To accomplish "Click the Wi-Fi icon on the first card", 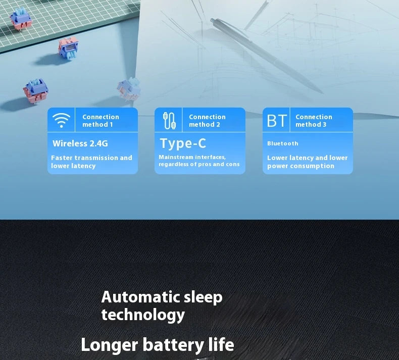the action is tap(61, 120).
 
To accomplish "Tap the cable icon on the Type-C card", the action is tap(169, 121).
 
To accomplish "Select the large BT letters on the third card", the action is tap(277, 121).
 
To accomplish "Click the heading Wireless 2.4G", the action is tap(80, 143).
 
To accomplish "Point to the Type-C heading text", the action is tap(183, 143).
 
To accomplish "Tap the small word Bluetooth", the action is tap(282, 143).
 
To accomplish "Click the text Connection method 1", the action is tap(101, 121).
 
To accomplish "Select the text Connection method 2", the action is tap(207, 121).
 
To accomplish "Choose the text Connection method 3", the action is tap(314, 121).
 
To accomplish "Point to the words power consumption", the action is tap(301, 166).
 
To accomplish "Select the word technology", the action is tap(143, 315).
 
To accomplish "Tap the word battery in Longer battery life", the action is tap(173, 345).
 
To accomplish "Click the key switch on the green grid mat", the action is tap(21, 19).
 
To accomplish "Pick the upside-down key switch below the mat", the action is tap(68, 48).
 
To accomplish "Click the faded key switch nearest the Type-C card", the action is tap(129, 89).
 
